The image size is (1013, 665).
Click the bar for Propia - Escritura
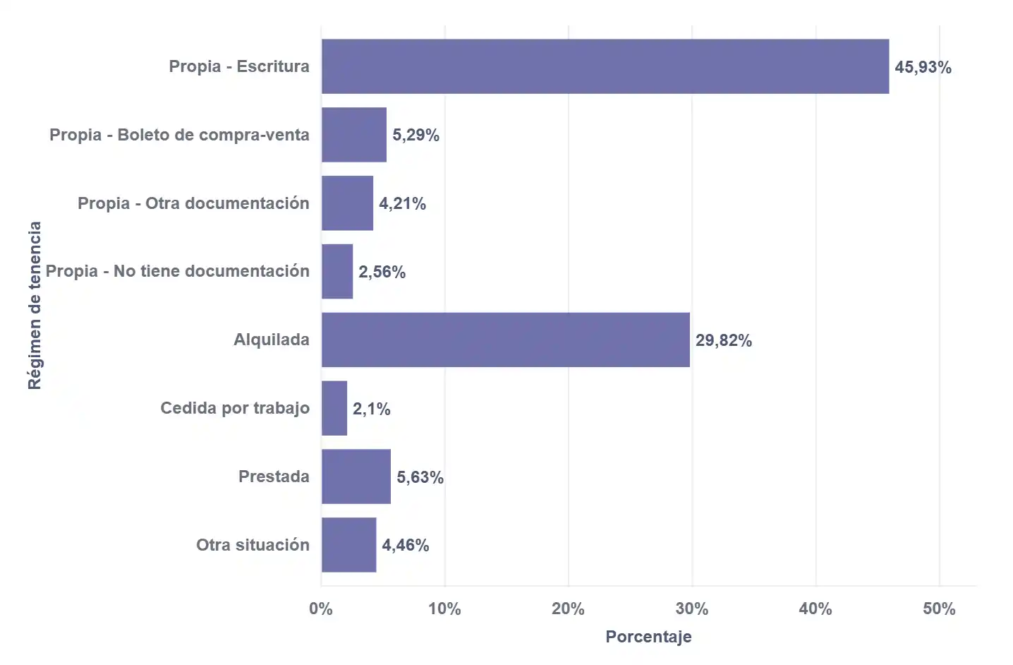(x=605, y=66)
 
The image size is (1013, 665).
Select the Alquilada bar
(x=505, y=340)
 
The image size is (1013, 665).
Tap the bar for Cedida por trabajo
(x=334, y=408)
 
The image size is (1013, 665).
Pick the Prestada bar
(x=356, y=477)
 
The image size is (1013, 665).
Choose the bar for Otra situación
(x=348, y=545)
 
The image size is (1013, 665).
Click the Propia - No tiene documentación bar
(x=337, y=272)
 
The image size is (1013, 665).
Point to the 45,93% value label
(x=923, y=67)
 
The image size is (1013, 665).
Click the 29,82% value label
(x=723, y=340)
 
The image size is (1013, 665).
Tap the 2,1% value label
(x=371, y=409)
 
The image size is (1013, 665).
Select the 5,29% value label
(x=415, y=135)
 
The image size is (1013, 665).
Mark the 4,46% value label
(x=405, y=545)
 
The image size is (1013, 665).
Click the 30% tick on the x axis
(x=691, y=609)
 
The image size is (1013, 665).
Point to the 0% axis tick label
(x=321, y=609)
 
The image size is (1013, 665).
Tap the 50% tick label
(x=939, y=609)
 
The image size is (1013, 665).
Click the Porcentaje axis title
(x=648, y=636)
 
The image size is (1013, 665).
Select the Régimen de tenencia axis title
(x=35, y=305)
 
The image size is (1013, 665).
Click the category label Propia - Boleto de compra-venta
(x=179, y=135)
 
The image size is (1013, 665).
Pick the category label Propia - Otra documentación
(x=193, y=203)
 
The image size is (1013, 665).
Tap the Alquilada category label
(x=272, y=340)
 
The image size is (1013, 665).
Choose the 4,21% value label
(x=402, y=203)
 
